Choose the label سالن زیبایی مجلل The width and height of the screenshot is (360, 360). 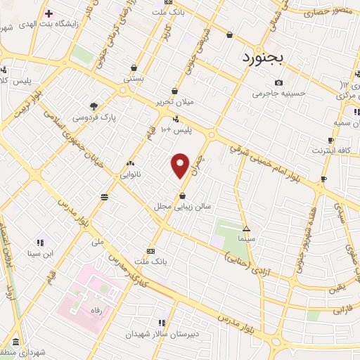point(173,207)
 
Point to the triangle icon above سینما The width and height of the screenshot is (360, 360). point(246,229)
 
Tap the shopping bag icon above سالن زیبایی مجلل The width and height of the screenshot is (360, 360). point(183,196)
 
